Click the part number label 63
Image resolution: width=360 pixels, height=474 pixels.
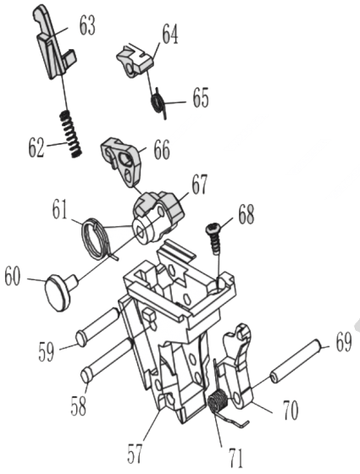click(87, 26)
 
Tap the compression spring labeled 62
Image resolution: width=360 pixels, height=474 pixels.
click(71, 134)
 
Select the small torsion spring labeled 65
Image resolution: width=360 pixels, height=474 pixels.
click(159, 102)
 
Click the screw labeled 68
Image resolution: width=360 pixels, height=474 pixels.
click(214, 238)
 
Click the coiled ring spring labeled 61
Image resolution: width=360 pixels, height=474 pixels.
click(96, 240)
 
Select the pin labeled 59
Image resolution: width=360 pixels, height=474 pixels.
click(98, 327)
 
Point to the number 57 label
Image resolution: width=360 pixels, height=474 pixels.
click(135, 454)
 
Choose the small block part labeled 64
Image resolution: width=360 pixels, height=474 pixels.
click(135, 60)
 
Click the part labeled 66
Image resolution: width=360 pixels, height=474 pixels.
click(122, 161)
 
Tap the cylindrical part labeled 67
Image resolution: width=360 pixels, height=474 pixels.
click(158, 215)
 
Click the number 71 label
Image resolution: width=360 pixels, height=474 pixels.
click(235, 458)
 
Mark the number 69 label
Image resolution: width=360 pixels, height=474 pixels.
click(343, 342)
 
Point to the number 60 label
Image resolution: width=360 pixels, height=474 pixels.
click(13, 277)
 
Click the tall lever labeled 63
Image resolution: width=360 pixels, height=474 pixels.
click(53, 43)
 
